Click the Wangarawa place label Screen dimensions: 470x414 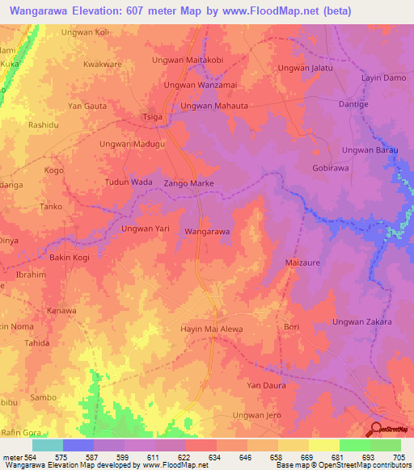click(208, 232)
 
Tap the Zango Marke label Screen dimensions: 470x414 click(188, 184)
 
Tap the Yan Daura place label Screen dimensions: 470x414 click(267, 385)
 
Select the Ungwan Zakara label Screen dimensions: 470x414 click(361, 322)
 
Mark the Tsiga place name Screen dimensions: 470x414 click(152, 116)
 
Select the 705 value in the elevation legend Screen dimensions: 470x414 click(399, 457)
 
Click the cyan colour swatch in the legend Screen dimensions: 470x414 click(47, 445)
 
